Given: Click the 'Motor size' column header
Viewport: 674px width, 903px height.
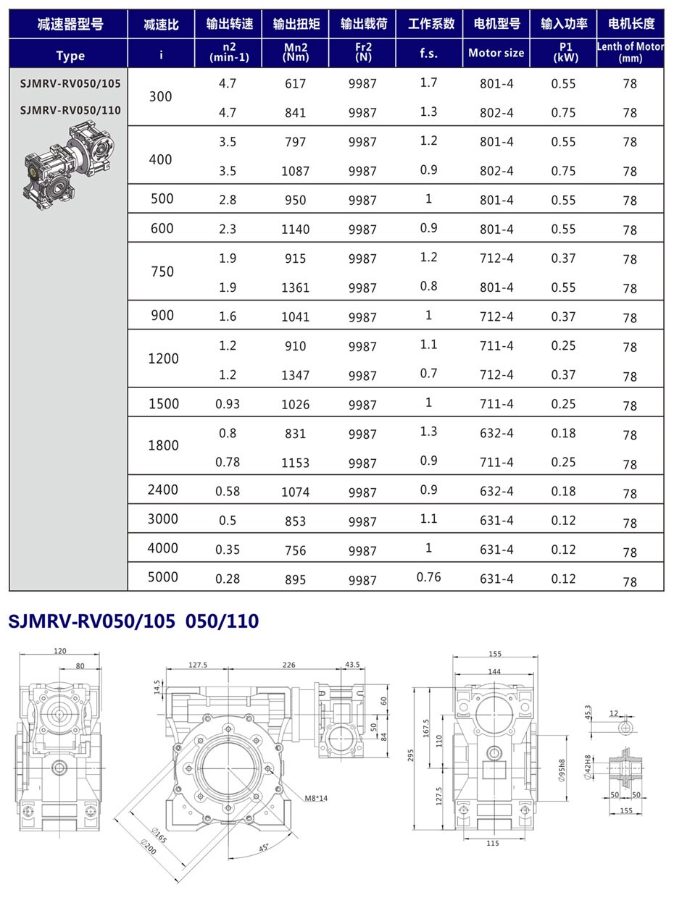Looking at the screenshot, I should (496, 53).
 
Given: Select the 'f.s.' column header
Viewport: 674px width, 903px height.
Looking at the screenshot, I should (428, 53).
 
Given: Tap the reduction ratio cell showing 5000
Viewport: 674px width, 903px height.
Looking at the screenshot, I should (162, 577).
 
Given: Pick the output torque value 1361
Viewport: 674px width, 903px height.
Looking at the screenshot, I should (295, 287).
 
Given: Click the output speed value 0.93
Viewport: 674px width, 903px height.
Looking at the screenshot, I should (228, 403).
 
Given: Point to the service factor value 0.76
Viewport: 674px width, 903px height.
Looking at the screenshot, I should (428, 577).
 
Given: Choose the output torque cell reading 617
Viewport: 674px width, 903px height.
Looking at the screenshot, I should (295, 84).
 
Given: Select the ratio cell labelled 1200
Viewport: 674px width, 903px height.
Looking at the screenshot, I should (162, 359).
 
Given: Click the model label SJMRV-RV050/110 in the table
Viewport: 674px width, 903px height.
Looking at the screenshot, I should (70, 111).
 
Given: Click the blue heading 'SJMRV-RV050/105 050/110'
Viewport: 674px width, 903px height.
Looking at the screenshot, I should (133, 621).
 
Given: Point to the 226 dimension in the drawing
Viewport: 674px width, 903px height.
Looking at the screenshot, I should (288, 664).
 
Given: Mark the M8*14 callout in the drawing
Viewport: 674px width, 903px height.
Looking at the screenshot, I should (316, 798).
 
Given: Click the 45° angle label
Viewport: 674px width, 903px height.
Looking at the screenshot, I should (264, 847).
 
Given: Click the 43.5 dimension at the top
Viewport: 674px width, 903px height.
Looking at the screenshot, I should (352, 664).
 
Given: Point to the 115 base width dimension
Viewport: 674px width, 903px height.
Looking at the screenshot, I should (492, 843).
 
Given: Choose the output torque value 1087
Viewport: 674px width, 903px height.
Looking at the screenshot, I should (295, 172).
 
